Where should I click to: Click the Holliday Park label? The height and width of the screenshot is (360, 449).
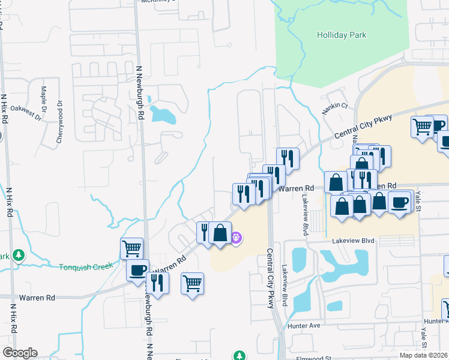pyautogui.click(x=341, y=35)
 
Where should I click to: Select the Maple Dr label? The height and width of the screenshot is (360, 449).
pyautogui.click(x=44, y=100)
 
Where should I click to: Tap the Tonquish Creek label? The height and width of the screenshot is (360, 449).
pyautogui.click(x=86, y=266)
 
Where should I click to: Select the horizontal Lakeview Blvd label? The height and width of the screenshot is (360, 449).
pyautogui.click(x=354, y=241)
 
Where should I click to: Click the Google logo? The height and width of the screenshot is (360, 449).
pyautogui.click(x=20, y=353)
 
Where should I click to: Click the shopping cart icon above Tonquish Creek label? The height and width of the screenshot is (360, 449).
pyautogui.click(x=131, y=247)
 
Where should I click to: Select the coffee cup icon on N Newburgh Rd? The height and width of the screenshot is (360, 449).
pyautogui.click(x=137, y=270)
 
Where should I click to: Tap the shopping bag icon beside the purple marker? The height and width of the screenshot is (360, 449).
pyautogui.click(x=220, y=232)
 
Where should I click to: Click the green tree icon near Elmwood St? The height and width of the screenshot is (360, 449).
pyautogui.click(x=240, y=356)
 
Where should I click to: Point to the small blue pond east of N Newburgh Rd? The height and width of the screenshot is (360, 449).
pyautogui.click(x=162, y=113)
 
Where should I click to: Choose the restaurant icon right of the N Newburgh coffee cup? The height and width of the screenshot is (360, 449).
pyautogui.click(x=157, y=282)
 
